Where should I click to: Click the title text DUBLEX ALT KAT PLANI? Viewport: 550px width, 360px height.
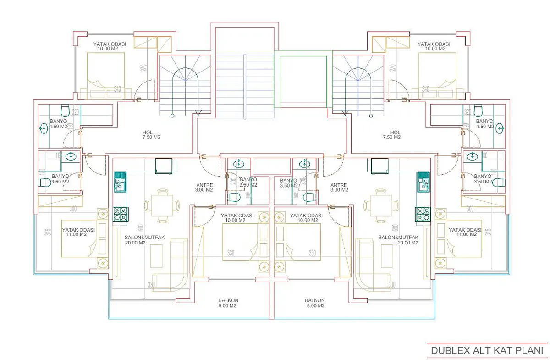(487, 350)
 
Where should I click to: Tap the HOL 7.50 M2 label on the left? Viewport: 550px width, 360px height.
(151, 134)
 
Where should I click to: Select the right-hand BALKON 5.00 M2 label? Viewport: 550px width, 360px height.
(315, 303)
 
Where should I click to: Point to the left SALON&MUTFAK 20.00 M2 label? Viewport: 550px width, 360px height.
(142, 240)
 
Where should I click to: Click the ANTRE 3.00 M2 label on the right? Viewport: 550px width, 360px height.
(339, 187)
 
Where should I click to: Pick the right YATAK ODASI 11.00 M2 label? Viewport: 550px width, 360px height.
(465, 232)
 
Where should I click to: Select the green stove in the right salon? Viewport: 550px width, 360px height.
(422, 214)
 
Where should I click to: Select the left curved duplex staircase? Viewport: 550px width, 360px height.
(186, 85)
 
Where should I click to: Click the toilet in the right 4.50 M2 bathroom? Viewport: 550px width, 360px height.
(479, 111)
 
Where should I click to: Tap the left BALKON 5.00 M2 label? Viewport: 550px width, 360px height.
(228, 303)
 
